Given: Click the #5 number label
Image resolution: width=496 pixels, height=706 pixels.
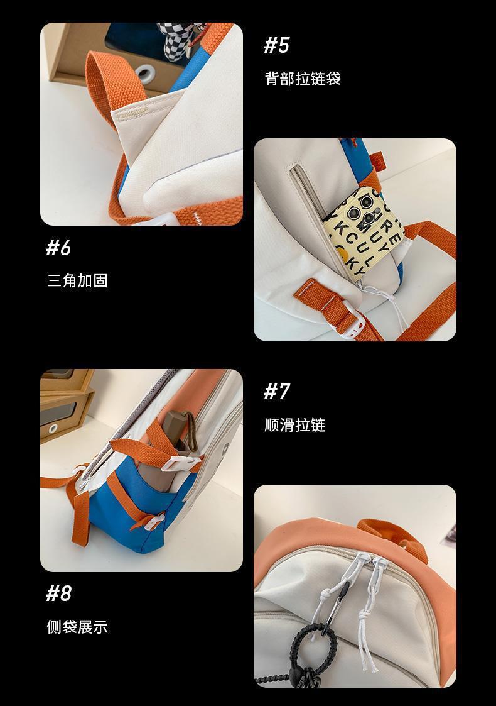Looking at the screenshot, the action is point(276,45).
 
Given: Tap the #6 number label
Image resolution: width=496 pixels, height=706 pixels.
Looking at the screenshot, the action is point(58,248).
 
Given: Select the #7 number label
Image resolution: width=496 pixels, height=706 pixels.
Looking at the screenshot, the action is point(276,392).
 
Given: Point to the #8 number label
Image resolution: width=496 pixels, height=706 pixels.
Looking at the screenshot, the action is point(58,593).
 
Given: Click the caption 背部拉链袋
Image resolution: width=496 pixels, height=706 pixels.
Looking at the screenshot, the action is point(303,79).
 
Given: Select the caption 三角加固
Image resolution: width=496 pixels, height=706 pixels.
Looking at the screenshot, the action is point(77,280).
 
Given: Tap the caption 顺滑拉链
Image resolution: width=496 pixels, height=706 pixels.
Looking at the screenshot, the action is point(294,424).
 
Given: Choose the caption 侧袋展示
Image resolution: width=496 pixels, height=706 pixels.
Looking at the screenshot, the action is point(77,626).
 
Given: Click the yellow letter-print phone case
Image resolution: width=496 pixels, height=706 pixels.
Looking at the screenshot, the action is point(364,233).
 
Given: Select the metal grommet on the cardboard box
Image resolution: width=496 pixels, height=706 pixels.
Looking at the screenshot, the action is point(146,74).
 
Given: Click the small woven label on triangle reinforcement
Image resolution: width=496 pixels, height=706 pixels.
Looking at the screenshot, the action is point(132,112).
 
